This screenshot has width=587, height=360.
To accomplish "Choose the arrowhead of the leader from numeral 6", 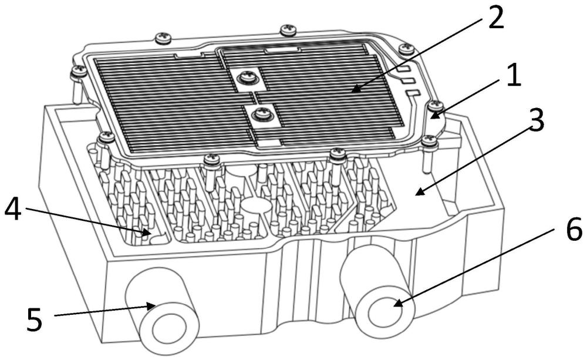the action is point(396,304).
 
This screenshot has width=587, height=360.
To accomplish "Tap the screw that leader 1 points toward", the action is point(435,106).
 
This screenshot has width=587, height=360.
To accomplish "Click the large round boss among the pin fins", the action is point(254,207).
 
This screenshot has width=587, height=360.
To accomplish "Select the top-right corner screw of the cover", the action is point(405,49).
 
